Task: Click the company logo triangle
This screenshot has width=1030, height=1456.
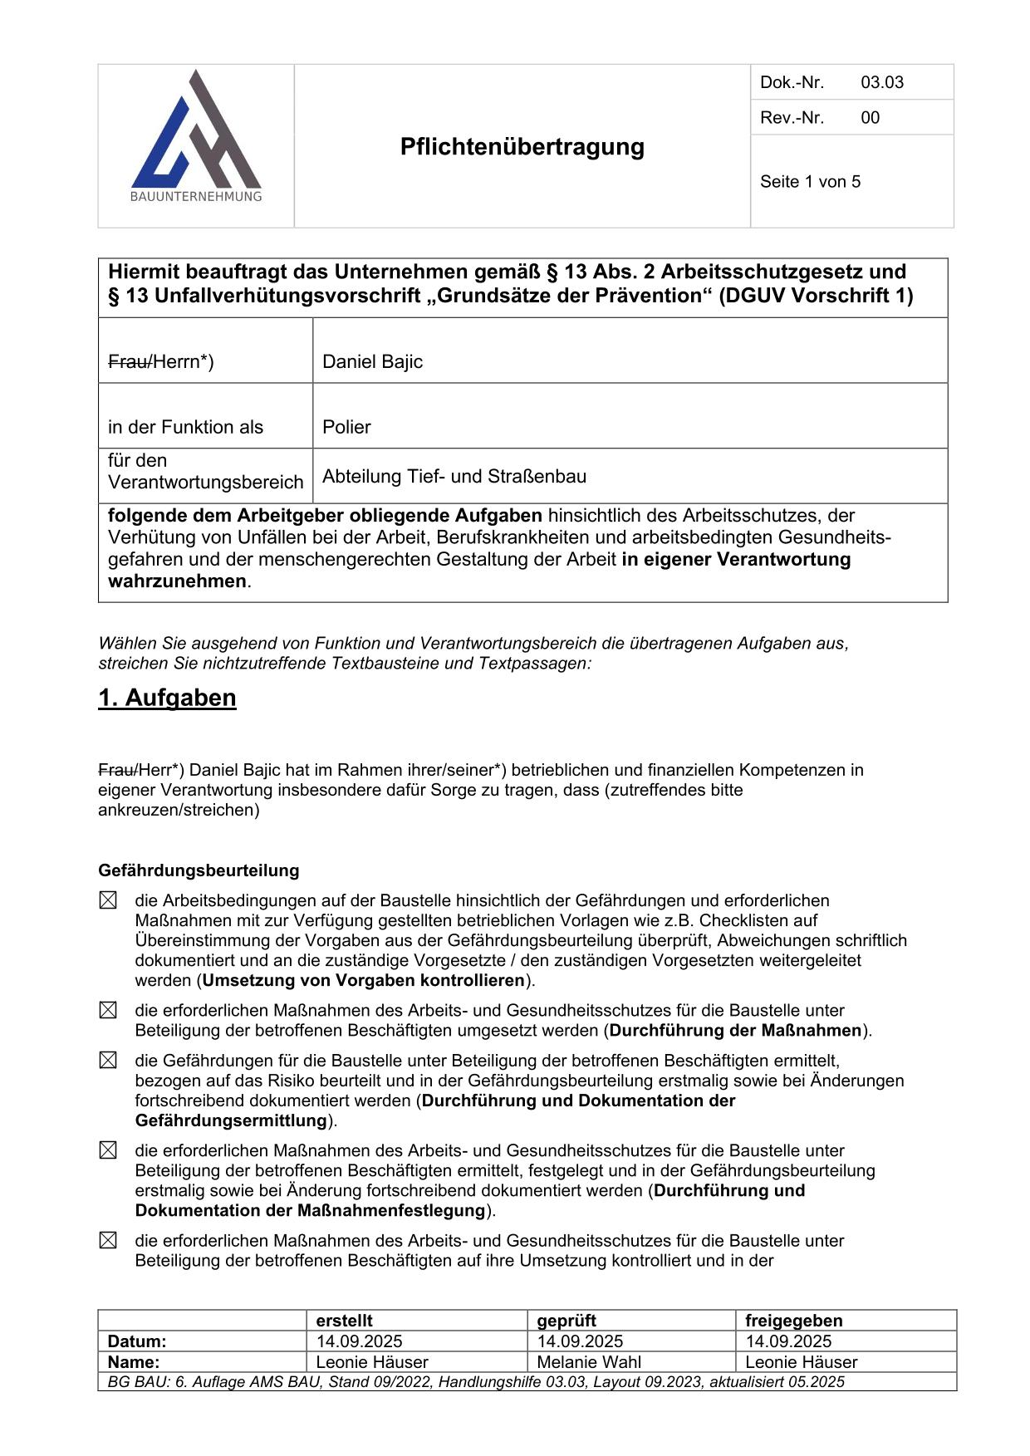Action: [x=196, y=133]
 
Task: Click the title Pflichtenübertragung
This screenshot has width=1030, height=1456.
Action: [x=522, y=147]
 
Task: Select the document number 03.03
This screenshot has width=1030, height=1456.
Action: [x=881, y=82]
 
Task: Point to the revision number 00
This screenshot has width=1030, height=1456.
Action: [x=870, y=118]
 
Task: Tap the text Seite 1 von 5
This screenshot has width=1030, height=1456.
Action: [x=810, y=182]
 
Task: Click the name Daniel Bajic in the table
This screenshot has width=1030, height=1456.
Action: [x=372, y=362]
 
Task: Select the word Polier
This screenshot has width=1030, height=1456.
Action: [x=346, y=428]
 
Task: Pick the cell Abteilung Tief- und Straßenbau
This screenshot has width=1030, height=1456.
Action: [x=454, y=477]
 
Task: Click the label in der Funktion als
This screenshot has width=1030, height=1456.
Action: [x=185, y=428]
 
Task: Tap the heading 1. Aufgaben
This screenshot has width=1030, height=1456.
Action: [x=167, y=698]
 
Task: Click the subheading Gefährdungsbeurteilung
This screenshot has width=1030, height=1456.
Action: [x=199, y=870]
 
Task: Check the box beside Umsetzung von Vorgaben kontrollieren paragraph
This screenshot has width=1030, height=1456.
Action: [x=108, y=900]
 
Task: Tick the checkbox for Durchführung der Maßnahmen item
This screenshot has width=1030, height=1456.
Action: [x=108, y=1011]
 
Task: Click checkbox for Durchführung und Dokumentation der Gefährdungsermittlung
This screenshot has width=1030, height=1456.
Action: [x=108, y=1061]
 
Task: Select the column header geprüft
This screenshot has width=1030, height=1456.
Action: [x=566, y=1321]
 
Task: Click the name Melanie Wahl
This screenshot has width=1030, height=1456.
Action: [x=589, y=1362]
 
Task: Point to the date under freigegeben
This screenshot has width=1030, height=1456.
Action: [x=788, y=1341]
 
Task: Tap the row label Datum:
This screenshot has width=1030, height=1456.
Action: [x=137, y=1341]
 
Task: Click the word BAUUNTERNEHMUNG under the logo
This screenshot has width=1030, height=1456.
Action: [x=196, y=197]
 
